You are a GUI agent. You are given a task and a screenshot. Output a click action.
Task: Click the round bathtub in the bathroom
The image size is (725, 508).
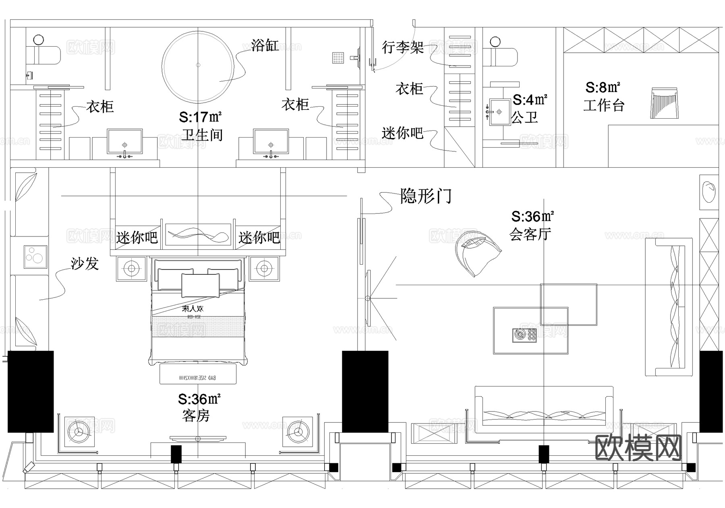tap(198, 66)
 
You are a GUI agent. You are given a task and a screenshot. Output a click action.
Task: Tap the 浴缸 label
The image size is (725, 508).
tap(264, 45)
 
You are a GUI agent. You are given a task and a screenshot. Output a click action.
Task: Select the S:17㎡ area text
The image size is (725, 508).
tap(200, 117)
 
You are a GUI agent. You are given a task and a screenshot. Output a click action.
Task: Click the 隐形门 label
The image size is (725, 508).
tap(425, 196)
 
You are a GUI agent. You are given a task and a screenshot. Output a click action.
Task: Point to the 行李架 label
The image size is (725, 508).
tap(402, 47)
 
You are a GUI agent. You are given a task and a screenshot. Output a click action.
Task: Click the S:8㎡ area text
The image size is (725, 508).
tap(603, 87)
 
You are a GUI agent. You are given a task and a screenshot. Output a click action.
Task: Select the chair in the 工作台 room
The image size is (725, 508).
tap(663, 103)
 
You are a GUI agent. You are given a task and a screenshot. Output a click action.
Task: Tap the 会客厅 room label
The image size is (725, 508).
tap(530, 234)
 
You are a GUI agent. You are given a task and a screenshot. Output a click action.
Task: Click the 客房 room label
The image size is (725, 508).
tap(196, 415)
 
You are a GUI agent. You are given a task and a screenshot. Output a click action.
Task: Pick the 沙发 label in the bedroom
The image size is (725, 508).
tap(85, 264)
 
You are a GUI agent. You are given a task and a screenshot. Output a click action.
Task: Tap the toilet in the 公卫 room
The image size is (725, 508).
tap(501, 56)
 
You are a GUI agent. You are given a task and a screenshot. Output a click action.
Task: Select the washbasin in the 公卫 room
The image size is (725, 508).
tap(499, 111)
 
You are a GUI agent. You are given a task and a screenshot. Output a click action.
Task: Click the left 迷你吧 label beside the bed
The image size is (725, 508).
tap(137, 238)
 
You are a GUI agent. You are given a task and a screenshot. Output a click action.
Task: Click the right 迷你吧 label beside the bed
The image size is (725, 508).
tap(259, 238)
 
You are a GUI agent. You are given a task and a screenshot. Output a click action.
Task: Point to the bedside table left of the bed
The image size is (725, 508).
tap(131, 268)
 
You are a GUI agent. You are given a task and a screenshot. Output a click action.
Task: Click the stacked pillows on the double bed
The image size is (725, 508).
tap(200, 282)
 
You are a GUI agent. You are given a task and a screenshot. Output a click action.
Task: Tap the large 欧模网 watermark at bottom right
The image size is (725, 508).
tap(638, 448)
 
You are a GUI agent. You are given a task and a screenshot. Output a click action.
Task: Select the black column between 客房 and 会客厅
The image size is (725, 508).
tap(365, 391)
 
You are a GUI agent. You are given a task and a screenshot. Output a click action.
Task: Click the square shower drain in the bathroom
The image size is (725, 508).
tap(338, 58)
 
